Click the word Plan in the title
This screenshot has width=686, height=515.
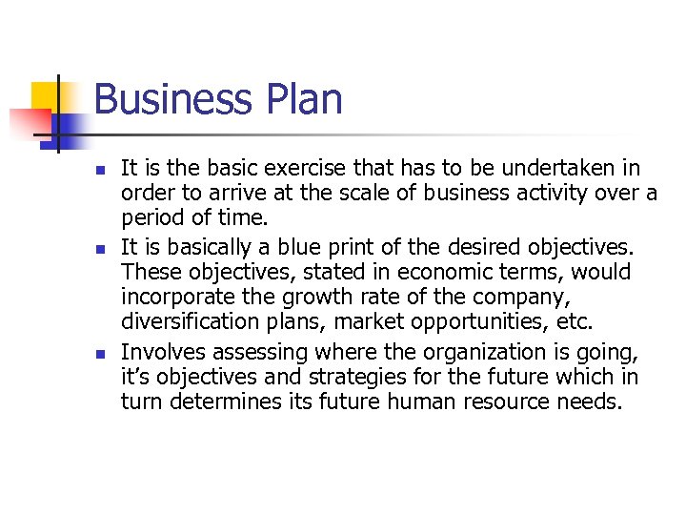pyautogui.click(x=300, y=99)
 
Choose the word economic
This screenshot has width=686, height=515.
pyautogui.click(x=434, y=272)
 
